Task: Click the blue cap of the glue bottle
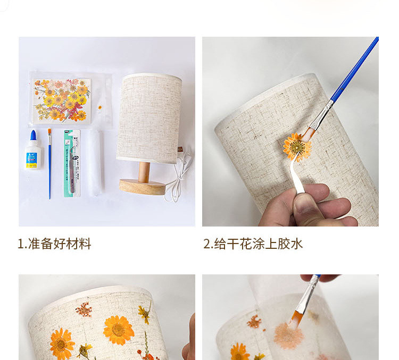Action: coord(33,136)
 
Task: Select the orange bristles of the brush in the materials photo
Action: coord(49,132)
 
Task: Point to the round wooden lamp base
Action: coord(142,187)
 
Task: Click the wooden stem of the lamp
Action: coord(144,172)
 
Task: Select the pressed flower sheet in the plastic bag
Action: coord(62,101)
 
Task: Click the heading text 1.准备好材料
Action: coord(54,244)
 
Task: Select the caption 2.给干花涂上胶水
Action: coord(253,244)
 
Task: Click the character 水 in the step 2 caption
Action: coord(296,244)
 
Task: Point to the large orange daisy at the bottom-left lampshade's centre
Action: coord(119,330)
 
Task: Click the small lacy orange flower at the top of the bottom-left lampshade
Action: coord(84,309)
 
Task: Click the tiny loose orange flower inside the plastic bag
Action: coord(100,107)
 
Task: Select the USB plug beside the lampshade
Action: coord(180,149)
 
